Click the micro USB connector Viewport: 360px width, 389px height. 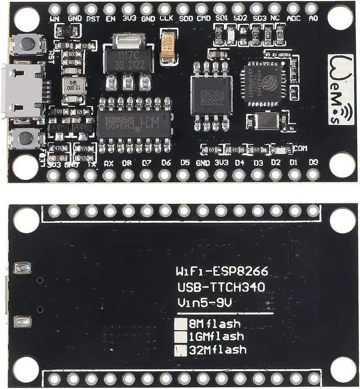click(x=24, y=90)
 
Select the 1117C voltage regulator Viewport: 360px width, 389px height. click(x=128, y=59)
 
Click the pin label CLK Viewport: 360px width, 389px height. click(x=165, y=18)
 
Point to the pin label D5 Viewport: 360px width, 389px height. click(x=184, y=163)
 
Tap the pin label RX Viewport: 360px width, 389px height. click(x=109, y=164)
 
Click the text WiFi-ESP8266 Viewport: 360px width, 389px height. click(x=222, y=272)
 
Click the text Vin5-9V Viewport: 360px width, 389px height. click(x=205, y=303)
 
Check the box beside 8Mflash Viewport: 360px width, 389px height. click(x=180, y=324)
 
